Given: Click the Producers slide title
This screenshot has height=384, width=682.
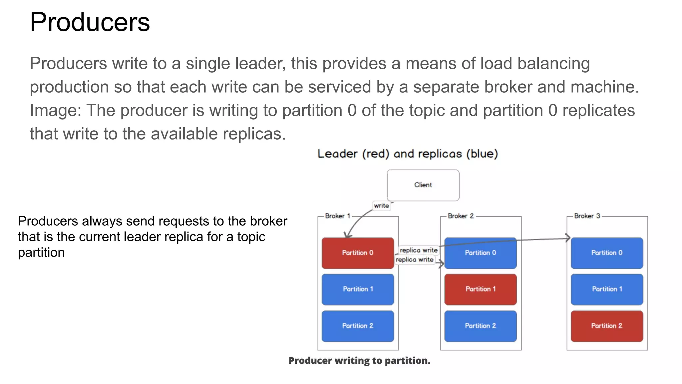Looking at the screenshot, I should pyautogui.click(x=90, y=22).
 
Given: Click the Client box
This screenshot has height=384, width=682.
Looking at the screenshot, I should pyautogui.click(x=423, y=185).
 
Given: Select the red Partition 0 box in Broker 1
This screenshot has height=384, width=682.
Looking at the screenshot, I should pyautogui.click(x=358, y=253).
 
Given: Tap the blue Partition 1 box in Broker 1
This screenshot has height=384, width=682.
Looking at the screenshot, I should pyautogui.click(x=358, y=289).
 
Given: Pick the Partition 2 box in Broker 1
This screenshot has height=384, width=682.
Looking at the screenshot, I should pyautogui.click(x=358, y=326).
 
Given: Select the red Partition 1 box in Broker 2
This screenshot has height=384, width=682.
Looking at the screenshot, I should pyautogui.click(x=480, y=289).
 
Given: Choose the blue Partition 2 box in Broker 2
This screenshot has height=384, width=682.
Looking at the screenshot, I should pyautogui.click(x=480, y=326).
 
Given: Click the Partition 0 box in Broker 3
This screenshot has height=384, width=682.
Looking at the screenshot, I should pyautogui.click(x=607, y=253).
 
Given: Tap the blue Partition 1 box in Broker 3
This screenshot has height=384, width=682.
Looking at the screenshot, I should pyautogui.click(x=607, y=289).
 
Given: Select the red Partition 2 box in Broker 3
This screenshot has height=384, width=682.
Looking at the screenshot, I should pyautogui.click(x=607, y=326).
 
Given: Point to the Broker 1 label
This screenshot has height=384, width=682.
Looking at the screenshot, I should pyautogui.click(x=337, y=216).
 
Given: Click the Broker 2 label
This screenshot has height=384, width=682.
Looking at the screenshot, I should pyautogui.click(x=461, y=216).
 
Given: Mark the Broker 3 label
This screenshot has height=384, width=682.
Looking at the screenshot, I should pyautogui.click(x=587, y=216).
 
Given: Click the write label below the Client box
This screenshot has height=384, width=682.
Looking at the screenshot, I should pyautogui.click(x=381, y=206).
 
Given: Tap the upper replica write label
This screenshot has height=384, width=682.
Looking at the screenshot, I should pyautogui.click(x=419, y=250).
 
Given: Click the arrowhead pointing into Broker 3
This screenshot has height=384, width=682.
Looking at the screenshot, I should pyautogui.click(x=568, y=238).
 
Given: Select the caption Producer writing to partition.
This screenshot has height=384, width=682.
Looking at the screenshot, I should pyautogui.click(x=359, y=361).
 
